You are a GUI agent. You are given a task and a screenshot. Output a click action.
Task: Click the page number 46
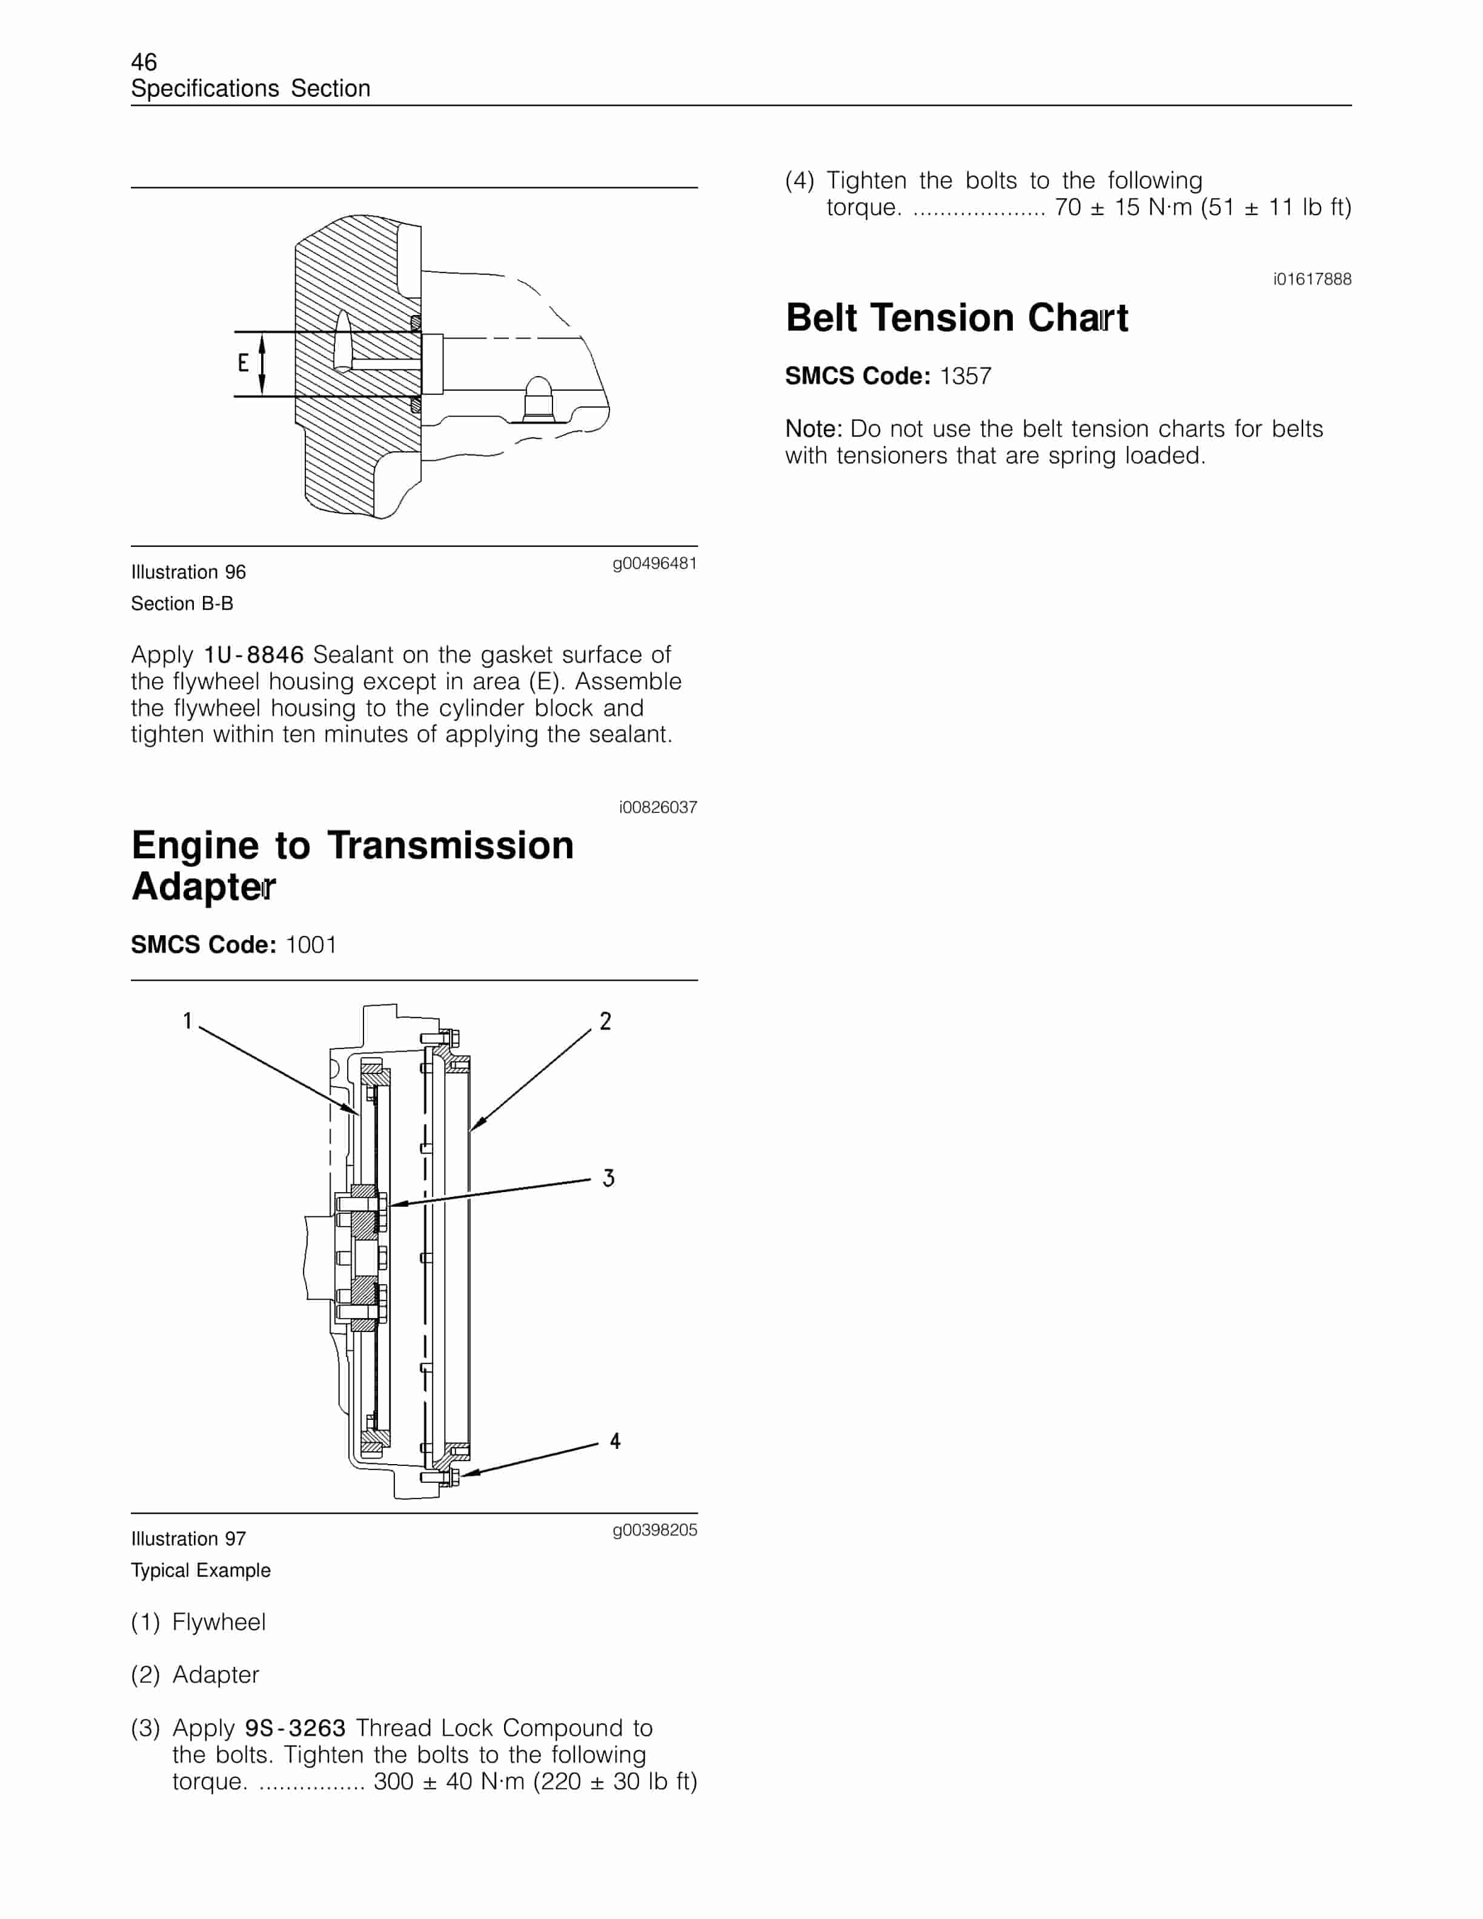[x=144, y=62]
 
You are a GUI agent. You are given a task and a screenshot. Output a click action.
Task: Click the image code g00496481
[x=654, y=563]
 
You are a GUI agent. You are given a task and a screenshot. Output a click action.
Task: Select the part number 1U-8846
[x=254, y=655]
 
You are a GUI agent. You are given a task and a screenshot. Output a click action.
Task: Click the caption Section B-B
[x=182, y=604]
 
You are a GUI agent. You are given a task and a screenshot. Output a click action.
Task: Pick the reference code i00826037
[x=657, y=807]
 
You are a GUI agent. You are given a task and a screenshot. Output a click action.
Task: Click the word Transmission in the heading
[x=451, y=845]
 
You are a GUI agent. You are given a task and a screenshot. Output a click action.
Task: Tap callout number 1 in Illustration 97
[x=187, y=1021]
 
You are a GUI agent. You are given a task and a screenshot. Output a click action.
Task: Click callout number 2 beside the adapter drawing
[x=605, y=1021]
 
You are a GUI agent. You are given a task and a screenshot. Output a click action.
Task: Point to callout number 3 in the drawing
[x=608, y=1178]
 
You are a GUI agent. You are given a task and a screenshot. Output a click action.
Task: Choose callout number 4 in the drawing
[x=615, y=1441]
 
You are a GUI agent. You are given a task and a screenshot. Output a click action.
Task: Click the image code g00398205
[x=654, y=1530]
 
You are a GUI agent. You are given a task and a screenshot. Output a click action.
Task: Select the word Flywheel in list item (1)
[x=219, y=1622]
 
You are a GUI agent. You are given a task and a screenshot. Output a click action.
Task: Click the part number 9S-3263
[x=295, y=1728]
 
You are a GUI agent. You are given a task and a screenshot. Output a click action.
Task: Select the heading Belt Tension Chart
[x=956, y=318]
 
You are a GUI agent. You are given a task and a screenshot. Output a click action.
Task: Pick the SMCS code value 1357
[x=966, y=376]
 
